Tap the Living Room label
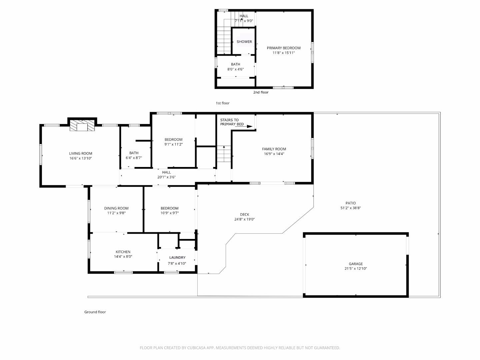click(81, 154)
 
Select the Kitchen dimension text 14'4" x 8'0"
click(123, 257)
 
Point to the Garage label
click(356, 264)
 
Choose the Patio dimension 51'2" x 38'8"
click(350, 208)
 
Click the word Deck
click(244, 215)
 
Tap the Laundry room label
click(177, 258)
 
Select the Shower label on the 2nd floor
click(244, 42)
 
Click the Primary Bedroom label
click(283, 48)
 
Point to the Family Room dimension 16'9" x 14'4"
click(274, 154)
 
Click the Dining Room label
click(116, 208)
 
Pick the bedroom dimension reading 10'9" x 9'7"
click(169, 213)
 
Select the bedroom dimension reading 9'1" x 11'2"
click(173, 144)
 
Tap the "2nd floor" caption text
click(261, 92)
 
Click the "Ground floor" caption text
click(95, 312)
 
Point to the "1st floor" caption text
click(222, 103)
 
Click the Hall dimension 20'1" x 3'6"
click(166, 177)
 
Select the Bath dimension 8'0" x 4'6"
click(235, 69)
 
